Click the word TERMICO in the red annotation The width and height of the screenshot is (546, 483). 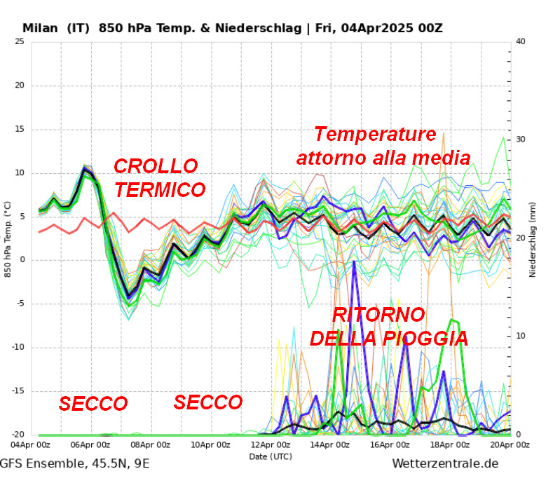pos(160,190)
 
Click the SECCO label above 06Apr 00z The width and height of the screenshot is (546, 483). pos(93,404)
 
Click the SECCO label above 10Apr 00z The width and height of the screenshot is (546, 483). pos(207,402)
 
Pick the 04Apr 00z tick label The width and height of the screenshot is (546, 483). pos(31,444)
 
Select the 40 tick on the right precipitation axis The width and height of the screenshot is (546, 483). pos(520,42)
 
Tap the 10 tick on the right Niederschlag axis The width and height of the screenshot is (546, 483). pos(520,336)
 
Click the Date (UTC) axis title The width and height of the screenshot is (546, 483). pos(271,456)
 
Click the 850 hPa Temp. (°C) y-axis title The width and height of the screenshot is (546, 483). pos(8,238)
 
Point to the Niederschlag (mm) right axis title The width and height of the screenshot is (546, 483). pos(533,238)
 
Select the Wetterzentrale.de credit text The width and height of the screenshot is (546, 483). pos(445,463)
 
